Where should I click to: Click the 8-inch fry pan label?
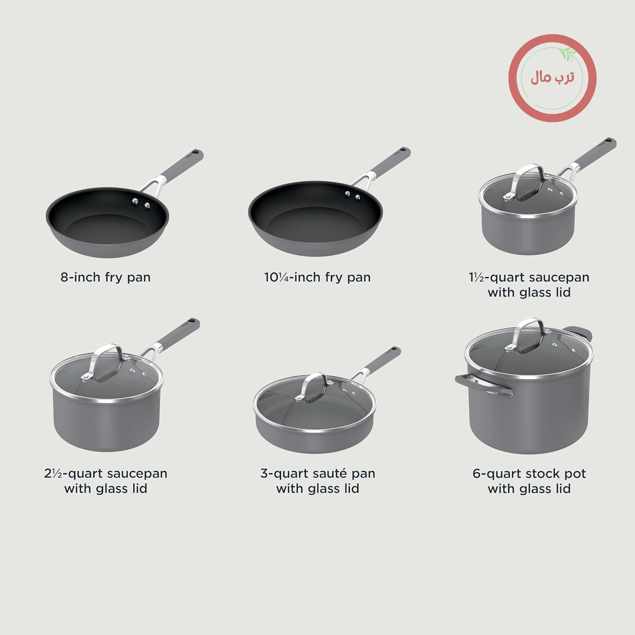pyautogui.click(x=105, y=277)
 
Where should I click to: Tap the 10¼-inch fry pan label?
pyautogui.click(x=317, y=277)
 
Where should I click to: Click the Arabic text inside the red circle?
pyautogui.click(x=552, y=77)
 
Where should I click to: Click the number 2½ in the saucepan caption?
pyautogui.click(x=53, y=473)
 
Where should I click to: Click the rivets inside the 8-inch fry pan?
pyautogui.click(x=141, y=203)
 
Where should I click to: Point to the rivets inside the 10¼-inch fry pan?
pyautogui.click(x=353, y=195)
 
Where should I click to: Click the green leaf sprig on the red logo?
pyautogui.click(x=567, y=54)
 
